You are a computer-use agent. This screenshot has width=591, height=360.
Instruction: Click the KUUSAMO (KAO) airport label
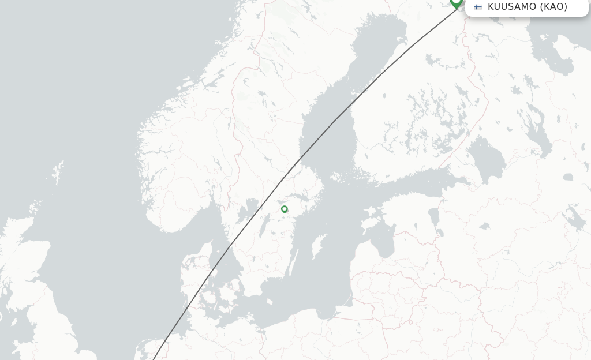click(x=527, y=7)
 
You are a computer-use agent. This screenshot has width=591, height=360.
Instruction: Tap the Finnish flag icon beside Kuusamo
click(x=478, y=7)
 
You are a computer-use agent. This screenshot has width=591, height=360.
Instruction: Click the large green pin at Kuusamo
click(x=456, y=2)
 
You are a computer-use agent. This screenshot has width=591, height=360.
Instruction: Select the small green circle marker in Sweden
click(x=285, y=209)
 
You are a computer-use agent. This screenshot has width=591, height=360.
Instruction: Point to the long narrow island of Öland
click(x=293, y=263)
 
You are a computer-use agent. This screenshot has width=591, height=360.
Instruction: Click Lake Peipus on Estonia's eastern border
click(x=433, y=217)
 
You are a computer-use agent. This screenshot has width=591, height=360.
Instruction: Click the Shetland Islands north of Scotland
click(x=58, y=174)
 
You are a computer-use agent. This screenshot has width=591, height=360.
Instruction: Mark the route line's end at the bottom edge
click(x=154, y=359)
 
